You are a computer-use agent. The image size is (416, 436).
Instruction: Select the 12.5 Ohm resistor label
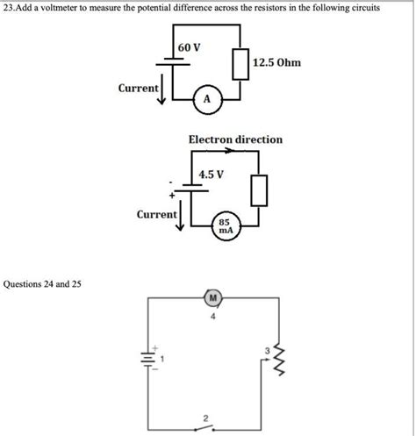(x=276, y=62)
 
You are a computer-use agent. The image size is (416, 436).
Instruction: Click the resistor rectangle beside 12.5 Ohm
(x=239, y=63)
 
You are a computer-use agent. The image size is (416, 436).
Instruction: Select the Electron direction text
(x=235, y=139)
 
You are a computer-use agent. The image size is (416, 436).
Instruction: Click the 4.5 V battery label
(x=212, y=174)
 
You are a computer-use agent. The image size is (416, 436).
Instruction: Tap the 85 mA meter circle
(x=225, y=226)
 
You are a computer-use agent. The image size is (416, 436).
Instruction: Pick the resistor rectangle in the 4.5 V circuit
(x=258, y=189)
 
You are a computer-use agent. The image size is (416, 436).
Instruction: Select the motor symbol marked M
(x=212, y=298)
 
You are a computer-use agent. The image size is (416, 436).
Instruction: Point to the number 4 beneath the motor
(x=212, y=317)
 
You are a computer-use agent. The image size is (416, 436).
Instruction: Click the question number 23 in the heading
(x=10, y=7)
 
